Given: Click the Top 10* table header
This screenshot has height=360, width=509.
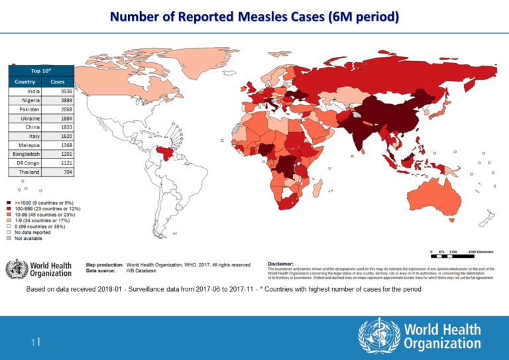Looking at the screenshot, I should [x=40, y=71].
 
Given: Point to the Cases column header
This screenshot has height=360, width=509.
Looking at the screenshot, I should [x=57, y=82].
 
